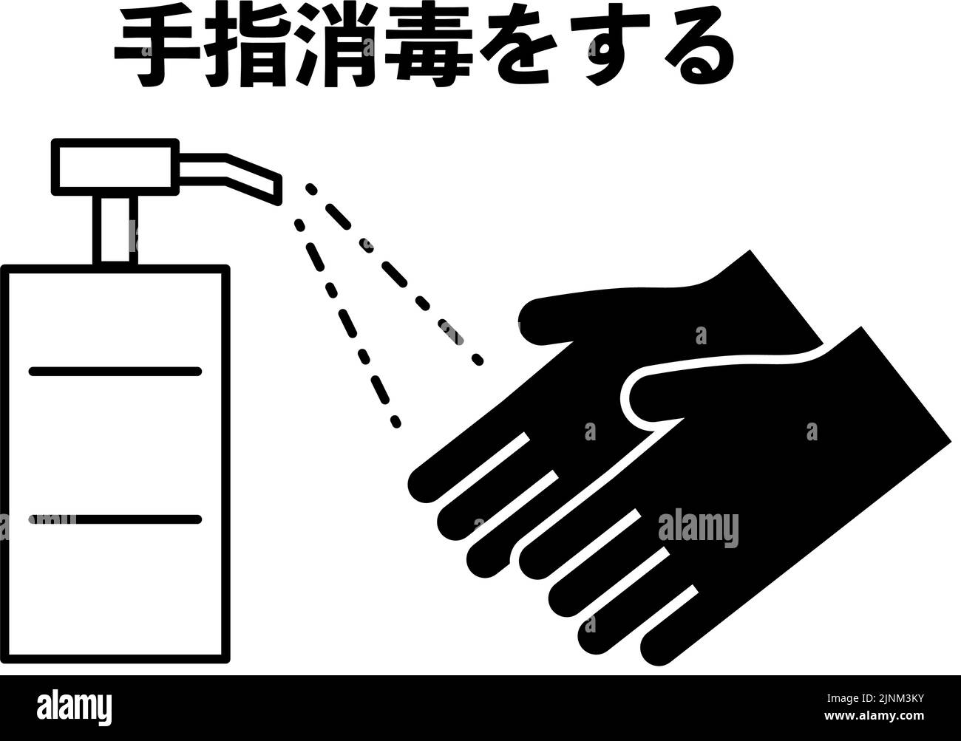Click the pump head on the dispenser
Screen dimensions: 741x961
point(115,167)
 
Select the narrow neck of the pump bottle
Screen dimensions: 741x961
point(115,229)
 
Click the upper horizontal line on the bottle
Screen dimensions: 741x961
point(115,371)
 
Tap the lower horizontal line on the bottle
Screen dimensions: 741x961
point(115,519)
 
